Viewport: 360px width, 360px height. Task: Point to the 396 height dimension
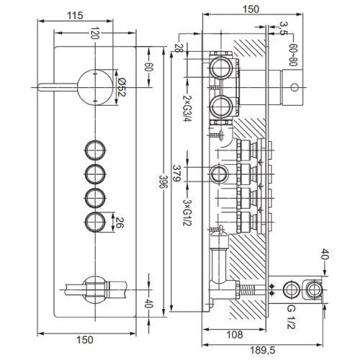tap(163, 183)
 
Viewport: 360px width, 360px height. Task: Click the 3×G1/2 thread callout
tap(187, 201)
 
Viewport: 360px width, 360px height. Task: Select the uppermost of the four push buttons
tap(94, 150)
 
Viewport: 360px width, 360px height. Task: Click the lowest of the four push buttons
tap(94, 221)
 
